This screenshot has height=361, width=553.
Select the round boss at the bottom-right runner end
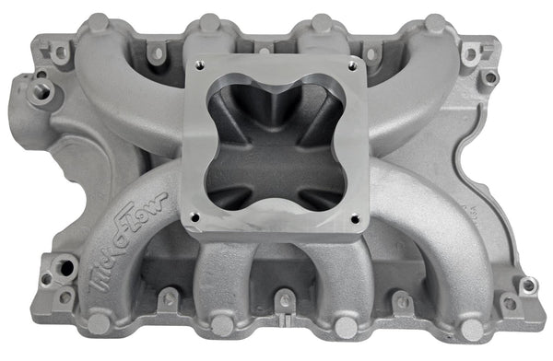(x=471, y=328)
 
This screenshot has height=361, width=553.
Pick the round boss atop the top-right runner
(x=433, y=23)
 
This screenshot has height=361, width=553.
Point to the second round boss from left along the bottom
(x=222, y=325)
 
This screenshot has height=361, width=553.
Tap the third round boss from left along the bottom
(x=345, y=327)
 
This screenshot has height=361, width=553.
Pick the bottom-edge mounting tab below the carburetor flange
(x=285, y=299)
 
